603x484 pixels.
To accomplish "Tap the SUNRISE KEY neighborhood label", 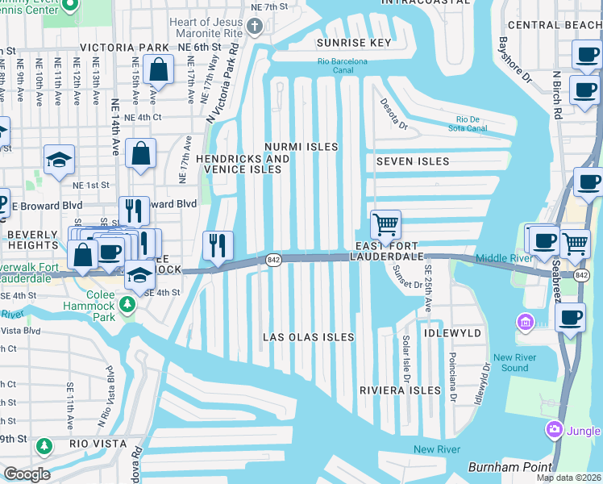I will pyautogui.click(x=354, y=43).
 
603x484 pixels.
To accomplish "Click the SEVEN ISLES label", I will pyautogui.click(x=413, y=161).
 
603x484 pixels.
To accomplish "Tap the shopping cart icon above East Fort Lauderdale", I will pyautogui.click(x=386, y=224).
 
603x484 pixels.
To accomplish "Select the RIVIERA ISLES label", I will pyautogui.click(x=401, y=390).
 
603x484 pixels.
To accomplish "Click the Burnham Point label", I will pyautogui.click(x=510, y=467).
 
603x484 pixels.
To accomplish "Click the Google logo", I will pyautogui.click(x=27, y=474).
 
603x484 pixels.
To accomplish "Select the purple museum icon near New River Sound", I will pyautogui.click(x=526, y=323).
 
